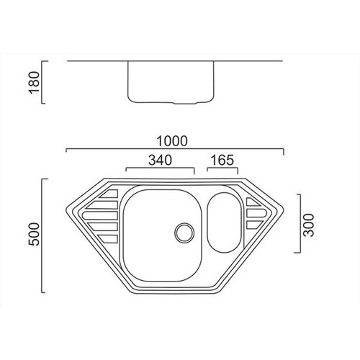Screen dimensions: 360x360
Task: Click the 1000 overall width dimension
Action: [172, 141]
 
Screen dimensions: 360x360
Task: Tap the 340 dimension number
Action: [160, 160]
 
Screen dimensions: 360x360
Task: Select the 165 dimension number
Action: [222, 160]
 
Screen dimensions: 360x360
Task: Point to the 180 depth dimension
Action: [34, 82]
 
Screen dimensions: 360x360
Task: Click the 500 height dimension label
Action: [34, 234]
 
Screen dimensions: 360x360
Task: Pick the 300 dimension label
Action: [309, 225]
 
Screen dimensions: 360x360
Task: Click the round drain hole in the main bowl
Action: [184, 233]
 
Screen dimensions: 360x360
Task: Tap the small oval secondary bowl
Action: [224, 222]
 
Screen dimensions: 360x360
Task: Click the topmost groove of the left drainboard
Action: [109, 194]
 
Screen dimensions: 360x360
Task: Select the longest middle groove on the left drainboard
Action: [100, 216]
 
